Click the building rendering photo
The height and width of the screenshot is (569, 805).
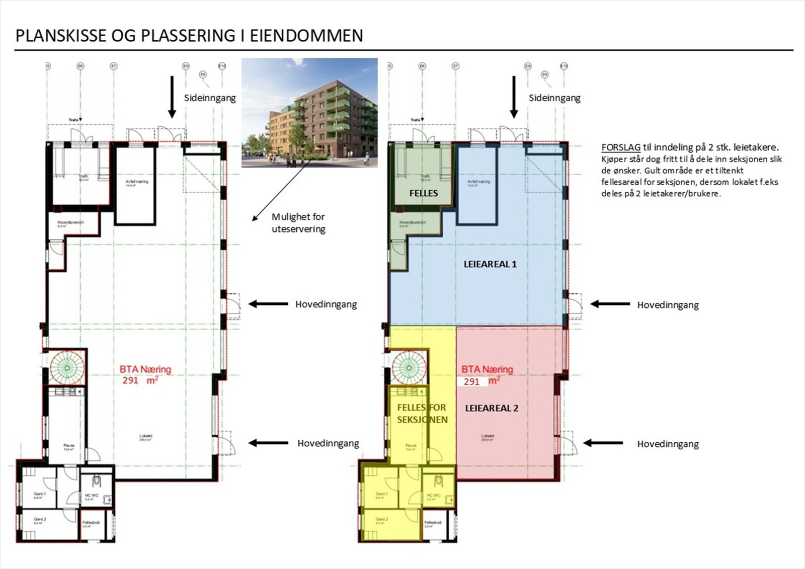[x=309, y=112]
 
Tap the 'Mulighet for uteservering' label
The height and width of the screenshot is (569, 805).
[x=298, y=223]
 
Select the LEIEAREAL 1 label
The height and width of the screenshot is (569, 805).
[x=490, y=264]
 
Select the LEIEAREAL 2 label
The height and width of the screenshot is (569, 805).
[x=491, y=408]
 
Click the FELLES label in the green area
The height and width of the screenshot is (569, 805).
[x=423, y=193]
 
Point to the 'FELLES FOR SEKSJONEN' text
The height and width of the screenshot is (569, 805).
[x=422, y=414]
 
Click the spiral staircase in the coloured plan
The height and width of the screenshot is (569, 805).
[x=409, y=367]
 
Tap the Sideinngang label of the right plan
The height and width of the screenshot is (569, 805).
[x=554, y=98]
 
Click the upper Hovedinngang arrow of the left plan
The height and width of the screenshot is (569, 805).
[x=268, y=304]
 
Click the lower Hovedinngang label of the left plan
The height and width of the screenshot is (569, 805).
[x=328, y=443]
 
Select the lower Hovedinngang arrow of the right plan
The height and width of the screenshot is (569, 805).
[x=603, y=443]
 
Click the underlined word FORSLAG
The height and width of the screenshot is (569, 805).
[x=620, y=147]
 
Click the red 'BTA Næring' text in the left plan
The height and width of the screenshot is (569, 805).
[x=145, y=369]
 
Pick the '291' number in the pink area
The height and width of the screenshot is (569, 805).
[x=471, y=381]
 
